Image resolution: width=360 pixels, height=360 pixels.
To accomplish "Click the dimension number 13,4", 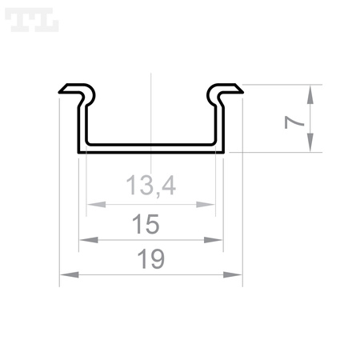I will (150, 186).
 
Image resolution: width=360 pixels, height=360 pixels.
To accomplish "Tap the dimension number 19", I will (150, 259).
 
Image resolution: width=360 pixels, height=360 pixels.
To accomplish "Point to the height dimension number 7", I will (294, 121).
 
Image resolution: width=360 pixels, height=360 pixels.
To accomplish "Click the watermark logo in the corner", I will (31, 21).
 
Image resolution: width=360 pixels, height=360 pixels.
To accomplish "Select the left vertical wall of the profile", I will (81, 124).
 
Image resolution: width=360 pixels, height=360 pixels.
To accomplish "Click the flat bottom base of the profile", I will (150, 149).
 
